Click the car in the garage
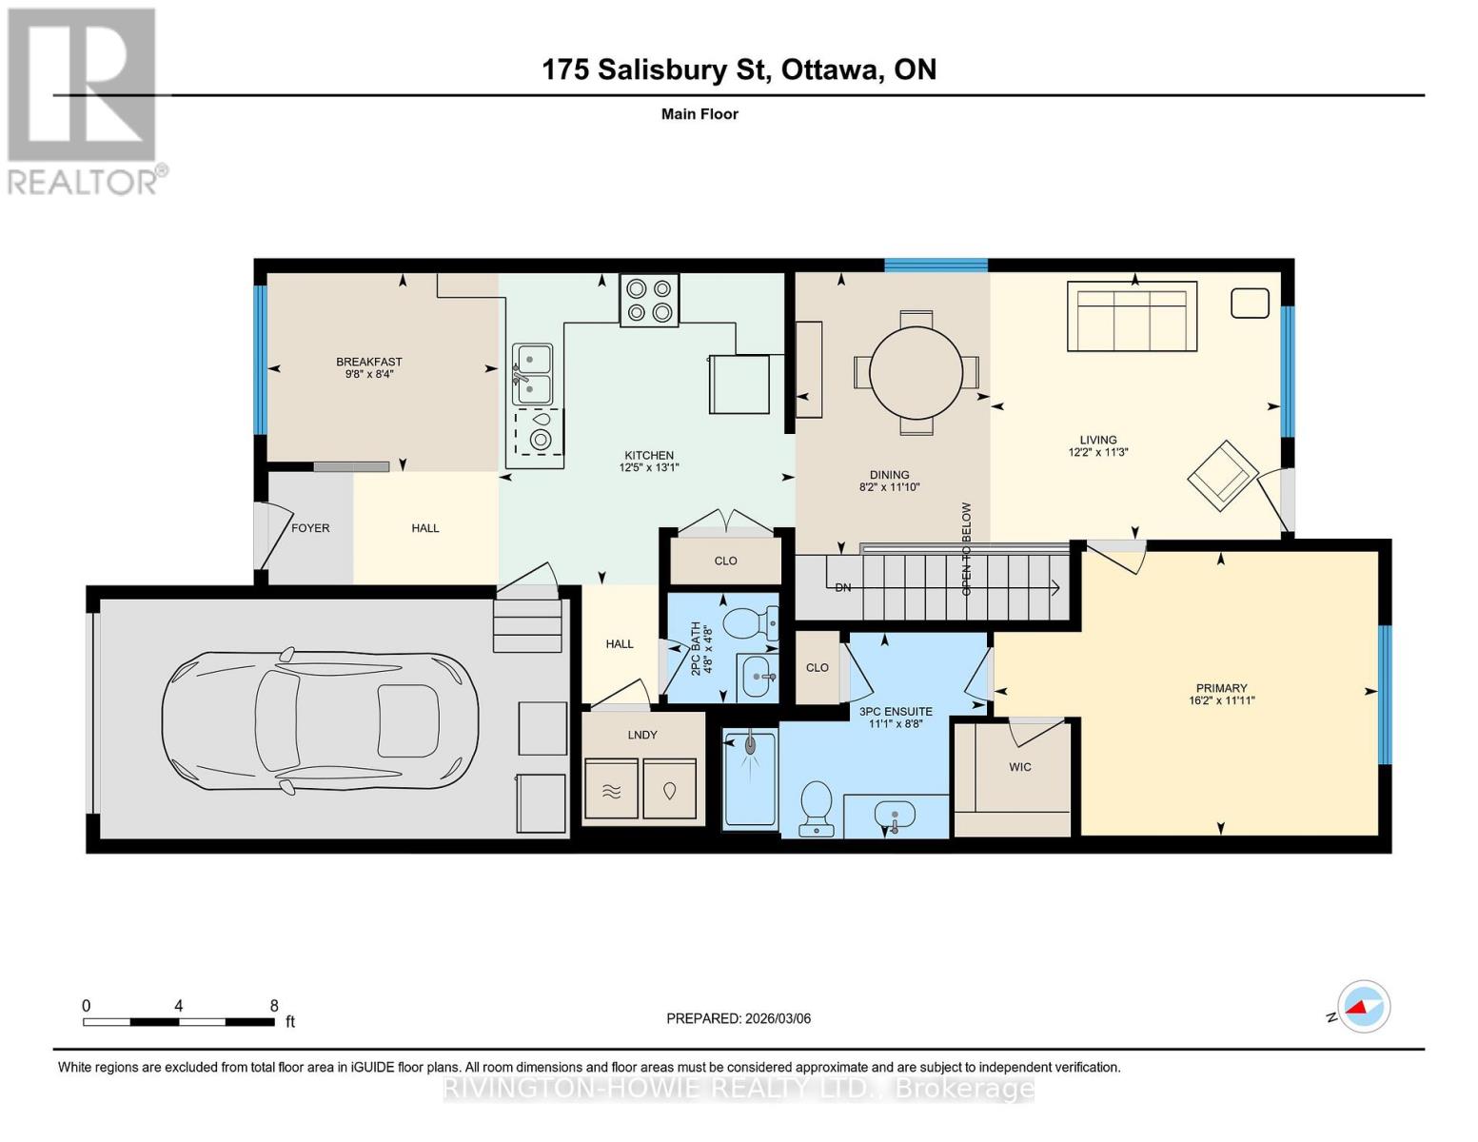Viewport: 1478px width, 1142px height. click(x=320, y=720)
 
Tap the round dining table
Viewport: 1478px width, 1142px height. click(x=916, y=373)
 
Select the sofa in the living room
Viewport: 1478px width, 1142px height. click(x=1132, y=316)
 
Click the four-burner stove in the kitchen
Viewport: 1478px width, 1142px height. click(x=649, y=300)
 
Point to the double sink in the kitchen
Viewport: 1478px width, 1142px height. click(x=532, y=374)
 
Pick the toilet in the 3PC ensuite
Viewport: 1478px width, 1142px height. click(x=817, y=809)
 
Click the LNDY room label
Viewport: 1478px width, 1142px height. click(x=642, y=735)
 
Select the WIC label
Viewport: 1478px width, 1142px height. click(x=1019, y=766)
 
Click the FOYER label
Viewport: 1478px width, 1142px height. click(x=310, y=528)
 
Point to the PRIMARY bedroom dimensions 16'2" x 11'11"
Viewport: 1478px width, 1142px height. click(x=1222, y=699)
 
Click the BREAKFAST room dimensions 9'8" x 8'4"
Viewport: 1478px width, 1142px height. click(x=369, y=373)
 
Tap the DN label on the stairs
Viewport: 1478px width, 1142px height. click(x=842, y=587)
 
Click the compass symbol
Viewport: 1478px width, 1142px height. click(x=1364, y=1006)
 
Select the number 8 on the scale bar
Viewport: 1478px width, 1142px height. click(x=274, y=1005)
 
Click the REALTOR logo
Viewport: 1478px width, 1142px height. click(x=85, y=102)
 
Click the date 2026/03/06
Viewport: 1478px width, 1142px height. click(x=778, y=1018)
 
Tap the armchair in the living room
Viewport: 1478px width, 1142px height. click(x=1223, y=476)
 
